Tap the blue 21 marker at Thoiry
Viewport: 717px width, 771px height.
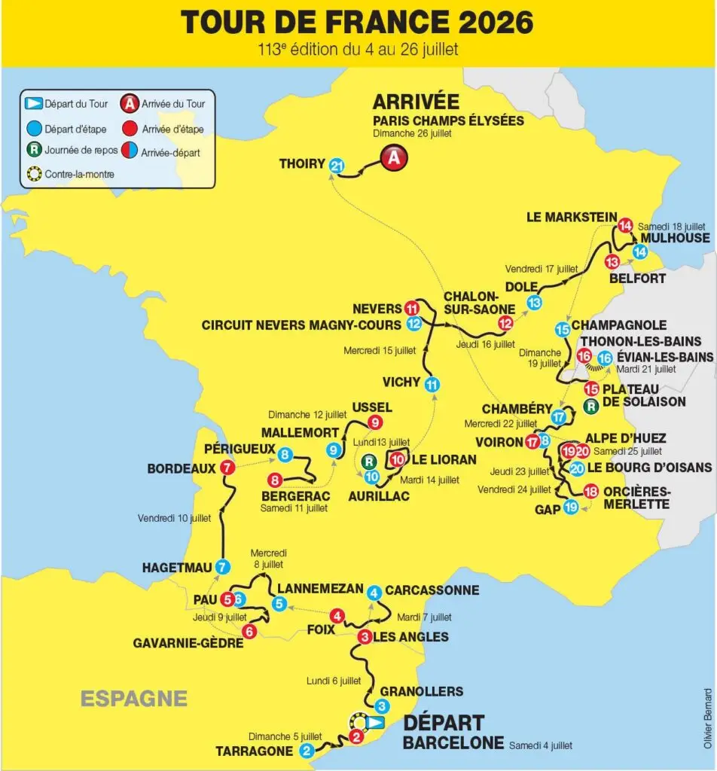[x=337, y=166]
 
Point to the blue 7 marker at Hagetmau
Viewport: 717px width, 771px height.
[x=221, y=568]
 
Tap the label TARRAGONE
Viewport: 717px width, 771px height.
[x=255, y=751]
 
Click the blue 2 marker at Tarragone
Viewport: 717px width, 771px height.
[x=307, y=751]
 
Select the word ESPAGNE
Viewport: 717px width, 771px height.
[x=134, y=698]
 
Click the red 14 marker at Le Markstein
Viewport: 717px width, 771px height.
[x=624, y=225]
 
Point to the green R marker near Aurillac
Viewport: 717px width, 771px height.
[x=369, y=461]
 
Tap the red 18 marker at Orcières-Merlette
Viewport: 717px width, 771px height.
[x=591, y=492]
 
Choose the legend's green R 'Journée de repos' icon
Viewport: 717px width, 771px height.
[x=32, y=150]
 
